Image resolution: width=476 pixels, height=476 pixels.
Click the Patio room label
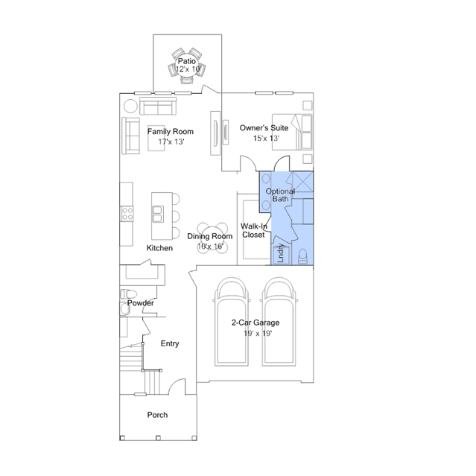tap(187, 61)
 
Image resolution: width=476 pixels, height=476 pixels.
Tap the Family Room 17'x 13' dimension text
tap(171, 142)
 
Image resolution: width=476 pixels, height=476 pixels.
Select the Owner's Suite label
tap(264, 128)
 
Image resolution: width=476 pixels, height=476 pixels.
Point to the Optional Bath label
tap(280, 195)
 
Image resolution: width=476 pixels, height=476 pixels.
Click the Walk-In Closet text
tap(254, 230)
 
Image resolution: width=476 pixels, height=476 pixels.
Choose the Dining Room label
tap(210, 236)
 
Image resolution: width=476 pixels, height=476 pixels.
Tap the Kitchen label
tap(159, 248)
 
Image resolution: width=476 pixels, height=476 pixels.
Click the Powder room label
tap(141, 303)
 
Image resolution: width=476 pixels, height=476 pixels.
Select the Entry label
tap(170, 343)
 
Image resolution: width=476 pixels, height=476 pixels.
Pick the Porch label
tap(157, 415)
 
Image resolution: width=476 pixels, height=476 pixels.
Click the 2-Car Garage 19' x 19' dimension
tap(258, 334)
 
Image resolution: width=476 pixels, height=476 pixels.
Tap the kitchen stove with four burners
tap(127, 213)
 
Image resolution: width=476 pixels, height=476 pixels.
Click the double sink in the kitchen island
tap(158, 214)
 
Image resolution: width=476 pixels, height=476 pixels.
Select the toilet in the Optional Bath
tap(302, 256)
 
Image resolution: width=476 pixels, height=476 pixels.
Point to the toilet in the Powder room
tap(128, 293)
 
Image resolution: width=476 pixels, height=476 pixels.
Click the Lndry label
tap(281, 253)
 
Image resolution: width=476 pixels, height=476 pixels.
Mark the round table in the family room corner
tap(130, 107)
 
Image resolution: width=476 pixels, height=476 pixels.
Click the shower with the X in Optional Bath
tap(302, 182)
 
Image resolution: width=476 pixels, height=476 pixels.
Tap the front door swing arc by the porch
tap(177, 387)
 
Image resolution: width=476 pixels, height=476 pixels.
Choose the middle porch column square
tap(158, 438)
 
